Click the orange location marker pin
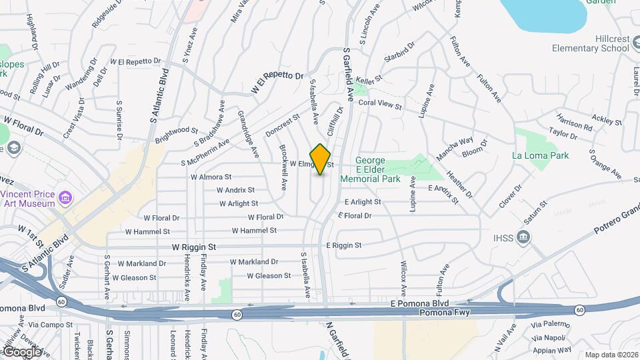pos(321,159)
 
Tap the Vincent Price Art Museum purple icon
pos(65,198)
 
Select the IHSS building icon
pos(523,237)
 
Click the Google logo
pos(21,351)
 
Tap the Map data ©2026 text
pos(610,355)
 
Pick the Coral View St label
pos(380,105)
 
